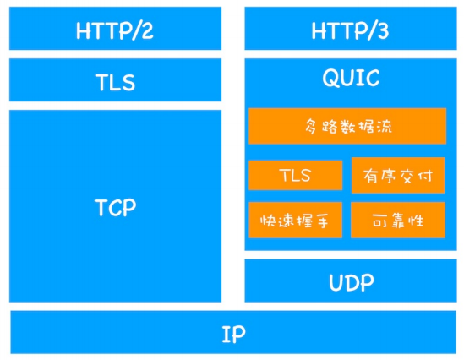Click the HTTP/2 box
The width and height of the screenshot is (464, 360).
tap(116, 29)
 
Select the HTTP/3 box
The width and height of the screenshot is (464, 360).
tap(351, 29)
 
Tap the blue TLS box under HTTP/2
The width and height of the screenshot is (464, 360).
tap(116, 80)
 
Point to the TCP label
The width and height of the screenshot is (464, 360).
tap(116, 207)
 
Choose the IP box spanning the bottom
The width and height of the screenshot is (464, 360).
tap(233, 332)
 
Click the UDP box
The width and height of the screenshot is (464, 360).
tap(351, 281)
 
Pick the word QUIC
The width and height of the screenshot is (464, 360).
tap(351, 78)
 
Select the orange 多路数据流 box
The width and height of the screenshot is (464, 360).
tap(347, 126)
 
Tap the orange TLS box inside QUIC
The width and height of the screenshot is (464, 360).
tap(296, 175)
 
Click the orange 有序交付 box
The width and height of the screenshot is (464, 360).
tap(398, 175)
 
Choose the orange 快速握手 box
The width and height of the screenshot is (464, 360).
tap(295, 220)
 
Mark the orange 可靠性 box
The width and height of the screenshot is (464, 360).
tap(398, 220)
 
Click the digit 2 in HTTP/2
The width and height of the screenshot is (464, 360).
tap(147, 30)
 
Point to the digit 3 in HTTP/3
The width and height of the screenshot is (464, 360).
tap(383, 30)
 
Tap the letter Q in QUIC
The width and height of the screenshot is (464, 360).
tap(330, 78)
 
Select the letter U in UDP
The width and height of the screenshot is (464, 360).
tap(336, 282)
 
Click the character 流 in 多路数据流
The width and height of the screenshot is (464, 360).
tap(384, 126)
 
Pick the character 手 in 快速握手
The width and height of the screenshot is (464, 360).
tap(321, 221)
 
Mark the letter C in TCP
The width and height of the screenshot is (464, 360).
tap(114, 208)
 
